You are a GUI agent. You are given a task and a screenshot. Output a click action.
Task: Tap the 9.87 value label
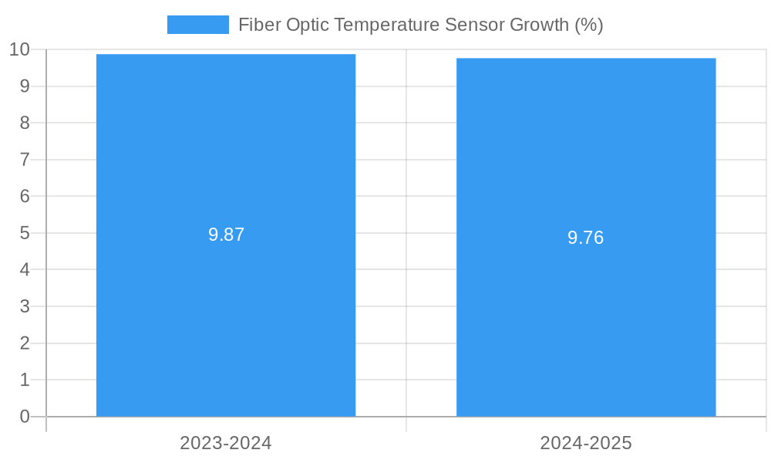(x=226, y=235)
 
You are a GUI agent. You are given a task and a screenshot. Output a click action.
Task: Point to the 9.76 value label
(x=586, y=238)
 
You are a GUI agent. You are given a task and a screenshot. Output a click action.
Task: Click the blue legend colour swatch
(x=197, y=25)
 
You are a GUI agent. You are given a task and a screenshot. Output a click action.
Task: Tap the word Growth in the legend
(x=540, y=25)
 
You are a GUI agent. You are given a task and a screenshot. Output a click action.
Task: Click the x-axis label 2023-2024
(x=226, y=443)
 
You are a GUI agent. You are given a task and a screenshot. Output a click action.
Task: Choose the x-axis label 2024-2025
(x=586, y=443)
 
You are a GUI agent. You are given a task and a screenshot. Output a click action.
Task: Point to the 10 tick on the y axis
(x=19, y=49)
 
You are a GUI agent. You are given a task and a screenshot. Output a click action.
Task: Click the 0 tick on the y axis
(x=25, y=417)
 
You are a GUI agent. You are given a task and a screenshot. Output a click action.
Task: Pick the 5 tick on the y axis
(x=25, y=233)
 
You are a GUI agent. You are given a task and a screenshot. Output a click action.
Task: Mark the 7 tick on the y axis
(x=25, y=160)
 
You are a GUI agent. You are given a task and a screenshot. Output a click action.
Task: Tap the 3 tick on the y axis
(x=25, y=306)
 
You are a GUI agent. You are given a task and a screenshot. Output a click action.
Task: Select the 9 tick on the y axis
(x=25, y=86)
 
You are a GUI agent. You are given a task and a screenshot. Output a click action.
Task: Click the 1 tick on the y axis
(x=25, y=380)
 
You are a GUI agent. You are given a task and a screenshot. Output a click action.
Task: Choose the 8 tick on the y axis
(x=25, y=123)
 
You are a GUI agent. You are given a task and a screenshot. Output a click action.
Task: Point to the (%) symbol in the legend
(x=589, y=25)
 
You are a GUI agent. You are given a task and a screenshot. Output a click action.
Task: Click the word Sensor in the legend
(x=476, y=25)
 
